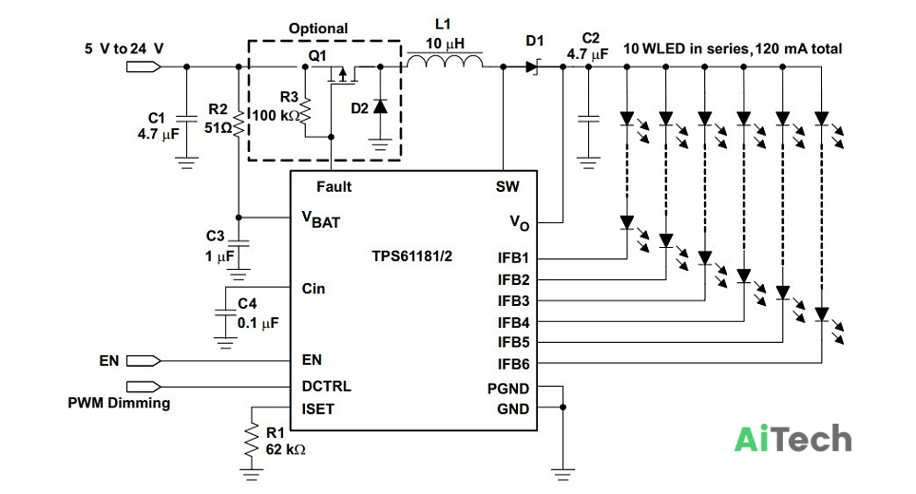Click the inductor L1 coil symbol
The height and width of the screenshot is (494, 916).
tap(445, 61)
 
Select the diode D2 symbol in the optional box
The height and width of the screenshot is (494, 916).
tap(380, 106)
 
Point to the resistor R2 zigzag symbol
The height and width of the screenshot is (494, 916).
tap(239, 123)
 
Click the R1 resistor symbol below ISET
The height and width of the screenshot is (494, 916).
tap(251, 442)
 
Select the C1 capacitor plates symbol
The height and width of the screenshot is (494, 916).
tap(186, 119)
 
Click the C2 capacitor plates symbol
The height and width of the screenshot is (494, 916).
tap(588, 119)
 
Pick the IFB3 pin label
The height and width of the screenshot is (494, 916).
tap(513, 301)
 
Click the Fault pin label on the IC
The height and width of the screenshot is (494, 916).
tap(334, 187)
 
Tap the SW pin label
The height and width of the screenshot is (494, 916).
tap(507, 187)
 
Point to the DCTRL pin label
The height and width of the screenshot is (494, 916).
tap(326, 386)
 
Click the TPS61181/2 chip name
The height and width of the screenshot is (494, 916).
tap(411, 256)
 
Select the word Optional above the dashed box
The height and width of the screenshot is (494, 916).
tap(318, 28)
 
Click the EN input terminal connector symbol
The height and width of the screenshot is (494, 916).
tap(143, 361)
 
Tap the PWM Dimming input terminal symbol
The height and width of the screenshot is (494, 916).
tap(143, 386)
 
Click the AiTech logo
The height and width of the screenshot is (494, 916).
tap(792, 439)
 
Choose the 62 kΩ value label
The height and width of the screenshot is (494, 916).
tap(286, 449)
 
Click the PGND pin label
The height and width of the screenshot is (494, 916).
tap(508, 389)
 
